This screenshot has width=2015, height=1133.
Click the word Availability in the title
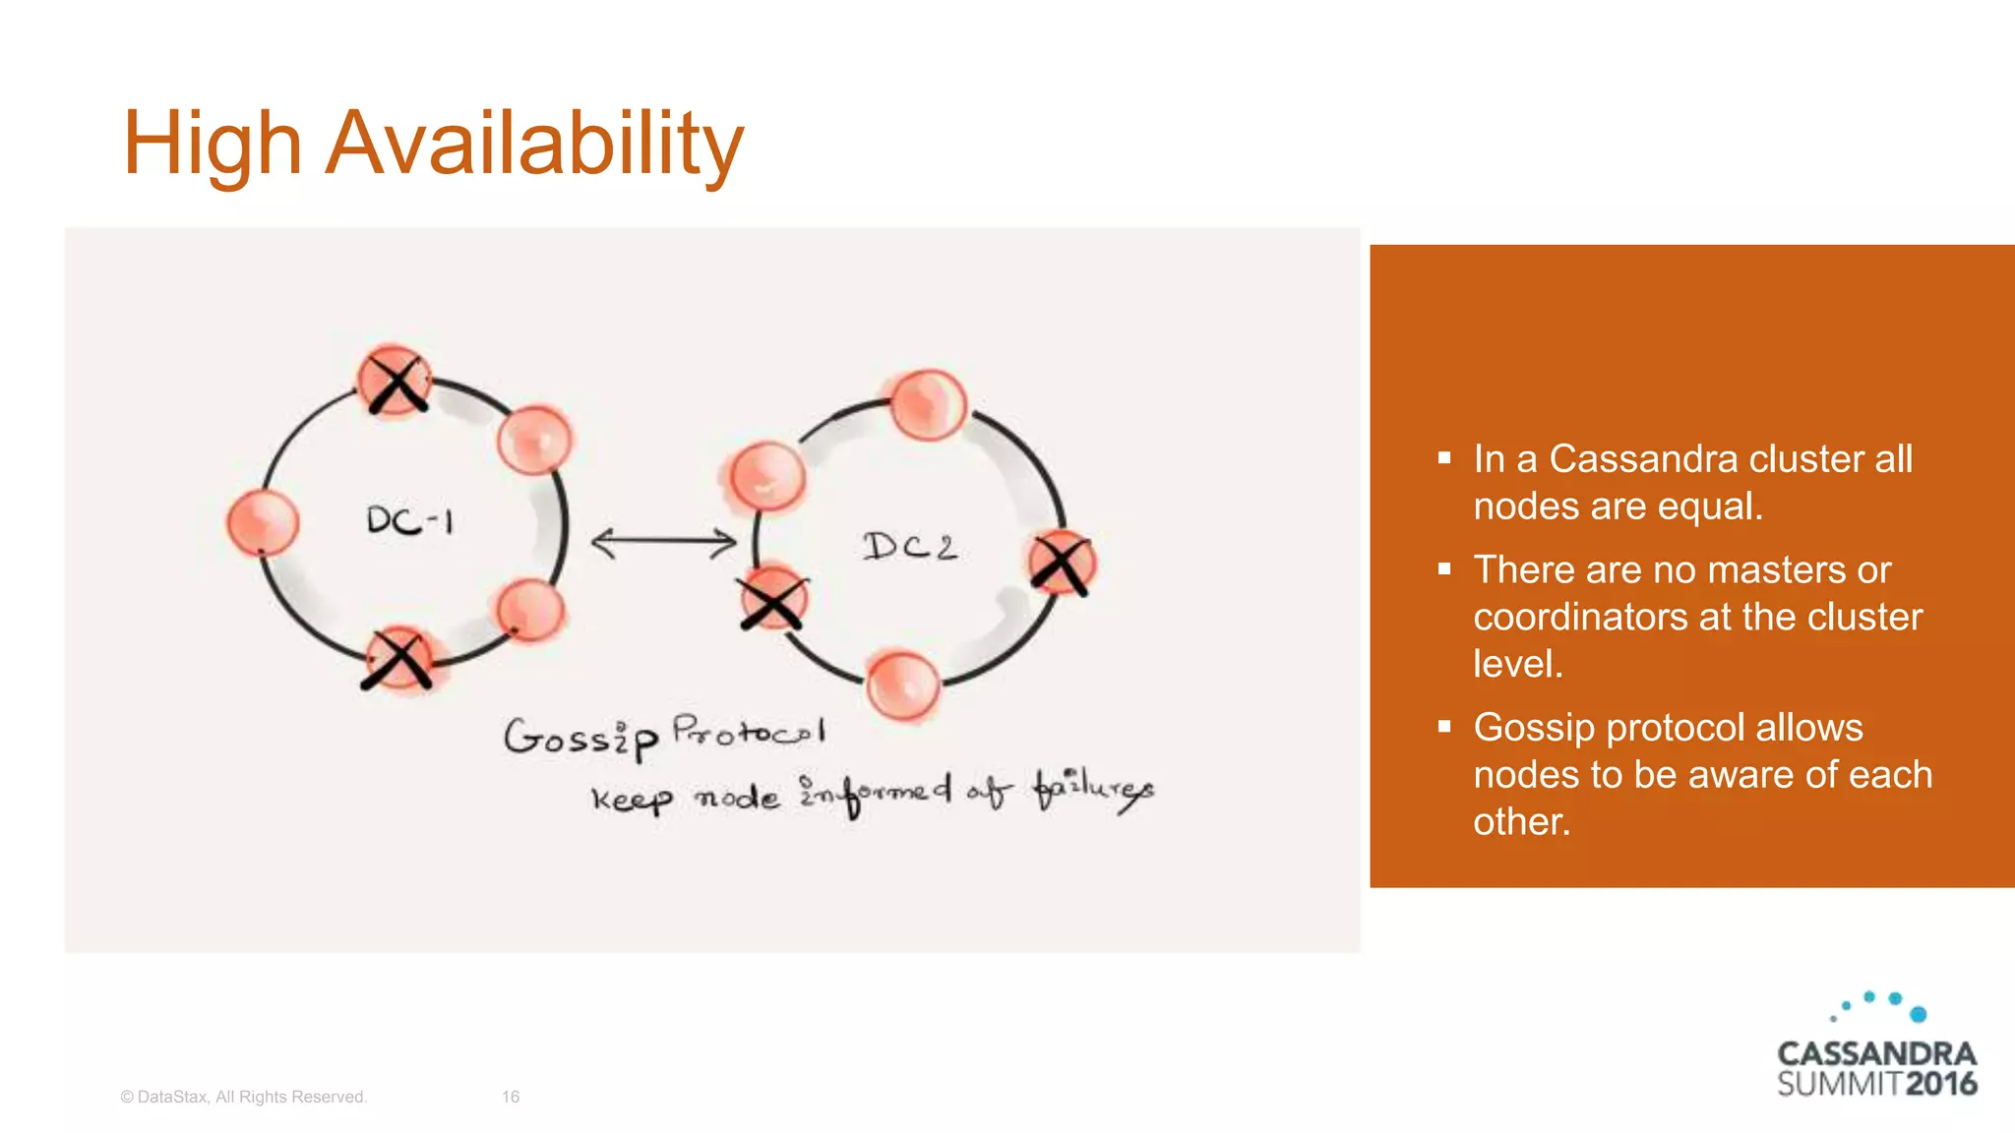pyautogui.click(x=533, y=145)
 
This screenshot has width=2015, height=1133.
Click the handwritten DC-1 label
pyautogui.click(x=409, y=520)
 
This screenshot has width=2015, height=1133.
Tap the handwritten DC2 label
pyautogui.click(x=909, y=546)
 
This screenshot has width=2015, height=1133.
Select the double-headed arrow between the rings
pyautogui.click(x=663, y=542)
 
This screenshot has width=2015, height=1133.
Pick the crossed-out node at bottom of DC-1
pyautogui.click(x=398, y=659)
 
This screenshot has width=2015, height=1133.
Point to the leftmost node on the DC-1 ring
pyautogui.click(x=262, y=522)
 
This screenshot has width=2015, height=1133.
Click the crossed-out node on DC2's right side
pyautogui.click(x=1062, y=564)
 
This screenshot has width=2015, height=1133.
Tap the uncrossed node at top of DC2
pyautogui.click(x=928, y=404)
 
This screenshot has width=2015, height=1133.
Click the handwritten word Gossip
pyautogui.click(x=580, y=738)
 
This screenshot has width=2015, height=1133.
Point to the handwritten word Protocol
pyautogui.click(x=748, y=731)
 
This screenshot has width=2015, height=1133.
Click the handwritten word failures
pyautogui.click(x=1092, y=790)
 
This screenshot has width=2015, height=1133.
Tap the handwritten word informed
pyautogui.click(x=875, y=793)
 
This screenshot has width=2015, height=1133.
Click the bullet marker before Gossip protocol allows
pyautogui.click(x=1444, y=727)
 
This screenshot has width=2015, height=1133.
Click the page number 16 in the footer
pyautogui.click(x=511, y=1097)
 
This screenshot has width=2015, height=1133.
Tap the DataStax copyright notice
pyautogui.click(x=243, y=1097)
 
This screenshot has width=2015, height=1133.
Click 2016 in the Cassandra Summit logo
pyautogui.click(x=1940, y=1084)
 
